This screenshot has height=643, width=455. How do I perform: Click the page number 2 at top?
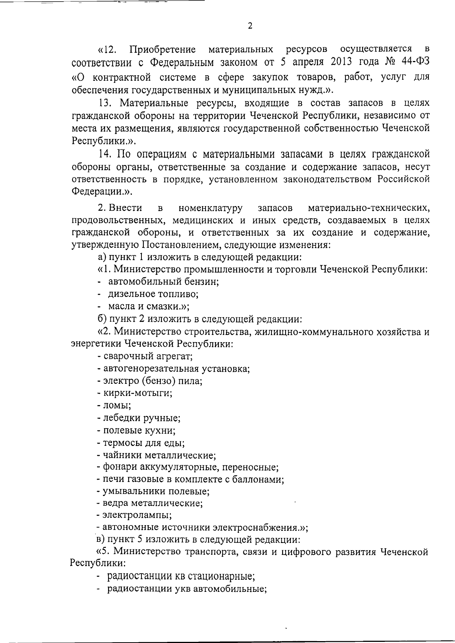[249, 26]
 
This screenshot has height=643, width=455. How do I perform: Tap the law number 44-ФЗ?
[415, 61]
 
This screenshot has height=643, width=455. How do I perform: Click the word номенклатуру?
[210, 208]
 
